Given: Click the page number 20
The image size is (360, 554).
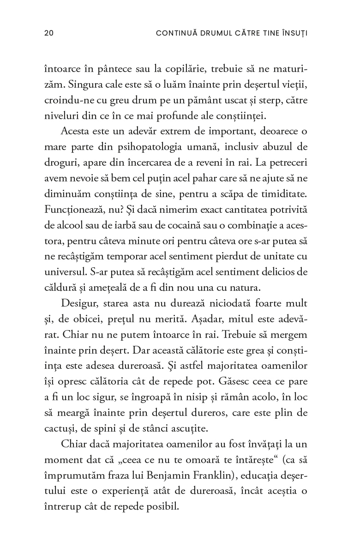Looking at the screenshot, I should pos(49,33).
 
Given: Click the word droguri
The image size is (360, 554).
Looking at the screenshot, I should pos(59,163).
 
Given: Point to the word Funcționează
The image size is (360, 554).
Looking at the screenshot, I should pos(73,210).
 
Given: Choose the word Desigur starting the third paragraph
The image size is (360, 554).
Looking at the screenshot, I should pos(78,304).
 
